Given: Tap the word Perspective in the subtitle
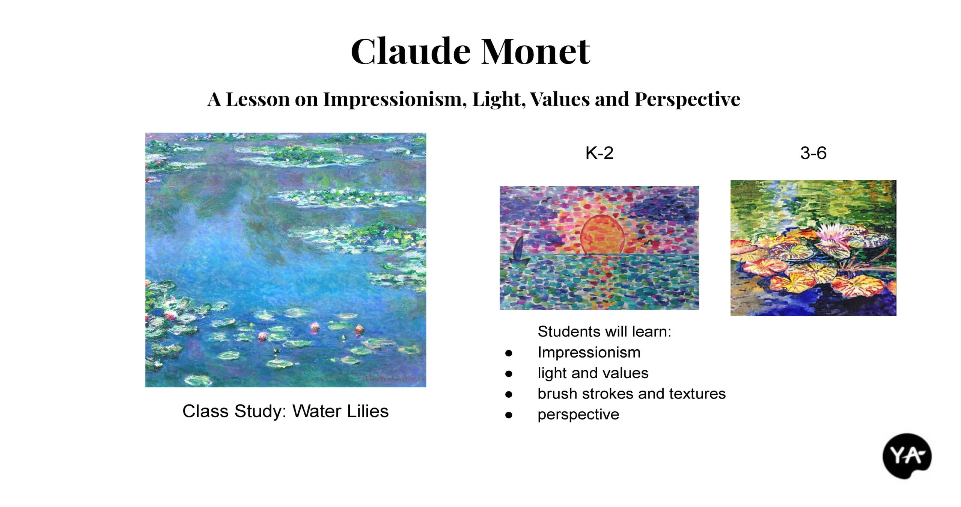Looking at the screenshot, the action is coord(687,100).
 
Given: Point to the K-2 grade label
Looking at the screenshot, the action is coord(599,153).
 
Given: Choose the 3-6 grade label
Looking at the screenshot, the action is coord(813,153).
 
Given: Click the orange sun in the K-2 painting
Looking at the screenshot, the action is coord(602,234).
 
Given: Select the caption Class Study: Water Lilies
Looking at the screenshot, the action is coord(285,411).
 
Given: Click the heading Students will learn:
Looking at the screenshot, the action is coord(604,332).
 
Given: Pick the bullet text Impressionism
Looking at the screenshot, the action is coord(589,353).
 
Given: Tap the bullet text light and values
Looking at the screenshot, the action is coord(593,373).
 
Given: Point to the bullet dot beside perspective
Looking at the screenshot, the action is coord(509,415).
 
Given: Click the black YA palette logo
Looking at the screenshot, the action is coord(907,456).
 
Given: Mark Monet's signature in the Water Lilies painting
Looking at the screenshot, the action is coord(394,379).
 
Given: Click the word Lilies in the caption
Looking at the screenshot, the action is coord(368,411).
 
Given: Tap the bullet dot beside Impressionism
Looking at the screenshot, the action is coord(509,353).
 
